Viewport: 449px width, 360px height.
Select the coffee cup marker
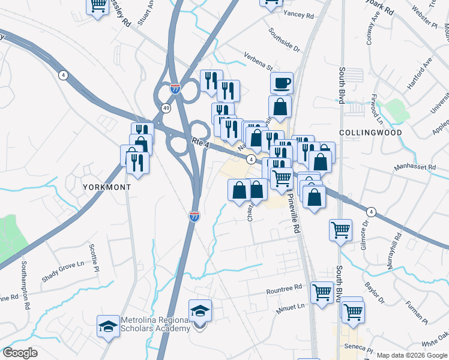pyautogui.click(x=281, y=83)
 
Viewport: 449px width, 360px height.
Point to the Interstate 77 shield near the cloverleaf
pyautogui.click(x=175, y=89)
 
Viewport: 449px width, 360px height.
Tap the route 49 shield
pyautogui.click(x=165, y=107)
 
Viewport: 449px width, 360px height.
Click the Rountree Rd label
pyautogui.click(x=285, y=289)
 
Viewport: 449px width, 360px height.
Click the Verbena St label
pyautogui.click(x=259, y=60)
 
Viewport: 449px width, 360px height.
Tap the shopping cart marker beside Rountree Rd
pyautogui.click(x=322, y=292)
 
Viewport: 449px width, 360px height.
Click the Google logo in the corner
pyautogui.click(x=20, y=353)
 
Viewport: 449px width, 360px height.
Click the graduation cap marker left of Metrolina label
pyautogui.click(x=108, y=326)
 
